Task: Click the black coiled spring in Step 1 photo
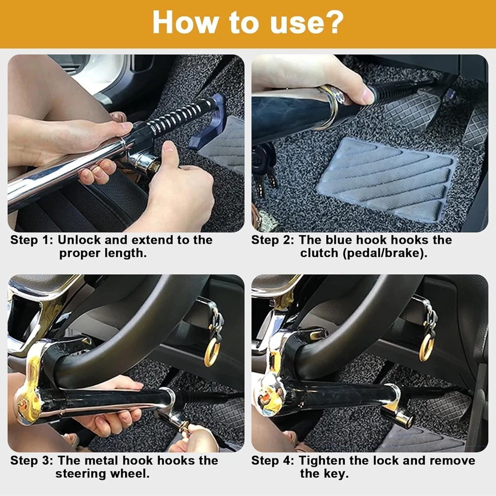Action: pos(181,117)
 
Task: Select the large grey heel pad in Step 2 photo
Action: pos(387,179)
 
